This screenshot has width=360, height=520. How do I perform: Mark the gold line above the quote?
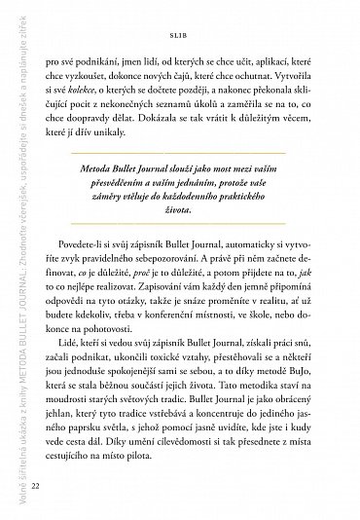[195, 179]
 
